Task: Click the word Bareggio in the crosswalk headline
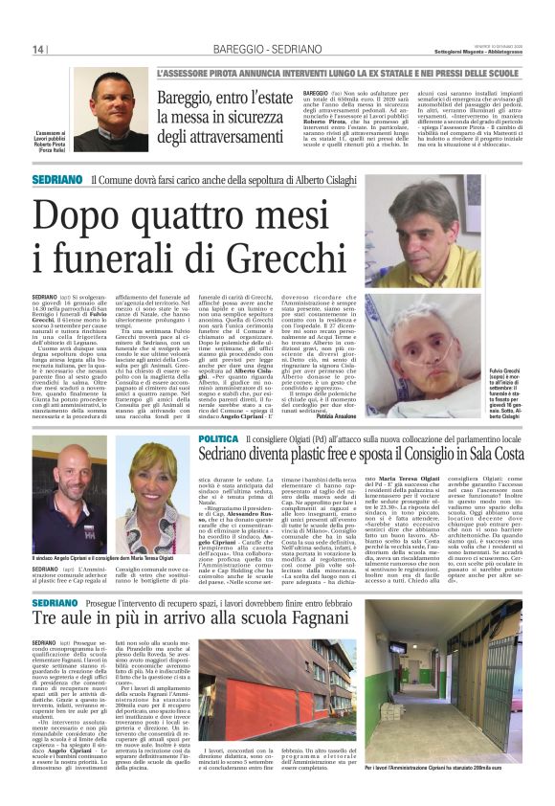coord(192,98)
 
